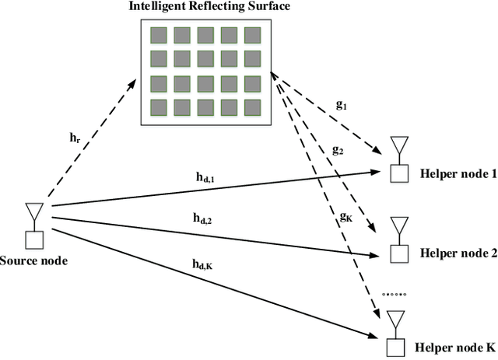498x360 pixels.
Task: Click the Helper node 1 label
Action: pos(458,174)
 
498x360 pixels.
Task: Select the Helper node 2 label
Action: pos(458,253)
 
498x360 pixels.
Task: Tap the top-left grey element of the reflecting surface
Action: pos(159,35)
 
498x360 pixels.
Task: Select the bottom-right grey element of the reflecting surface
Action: pos(252,107)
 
